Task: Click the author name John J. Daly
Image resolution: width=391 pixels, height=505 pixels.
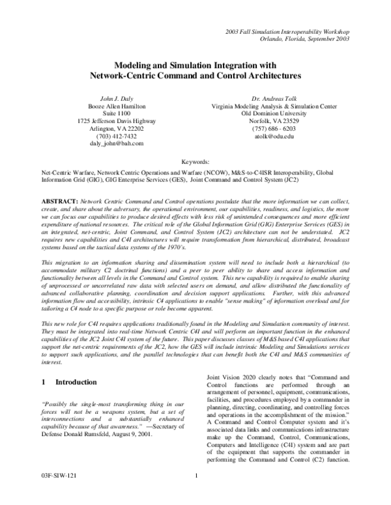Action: (117, 97)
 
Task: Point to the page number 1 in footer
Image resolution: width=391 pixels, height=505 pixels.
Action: (195, 494)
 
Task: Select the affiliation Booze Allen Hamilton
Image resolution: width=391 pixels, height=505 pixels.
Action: (117, 105)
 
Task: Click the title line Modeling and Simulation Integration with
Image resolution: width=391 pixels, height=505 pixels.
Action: (195, 65)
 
